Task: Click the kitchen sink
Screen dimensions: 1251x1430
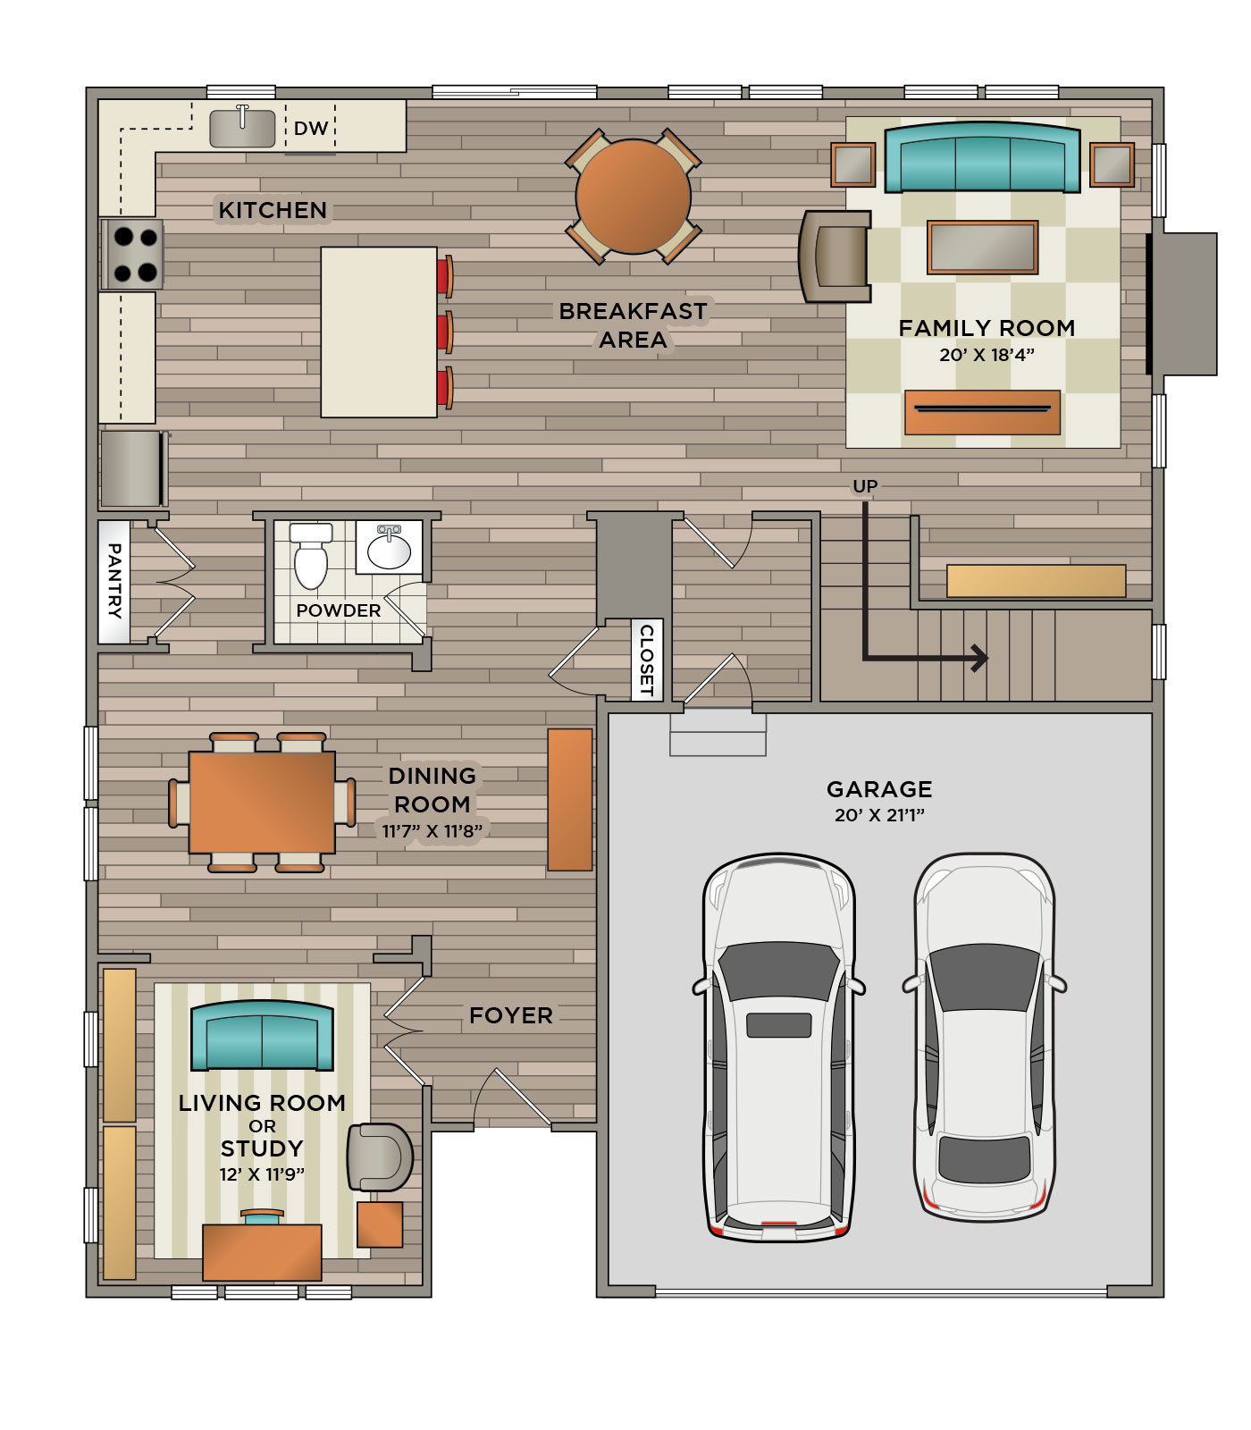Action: [242, 128]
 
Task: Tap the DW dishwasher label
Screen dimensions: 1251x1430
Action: [311, 129]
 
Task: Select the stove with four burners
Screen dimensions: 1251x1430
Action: [132, 254]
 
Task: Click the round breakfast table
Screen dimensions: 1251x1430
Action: [633, 197]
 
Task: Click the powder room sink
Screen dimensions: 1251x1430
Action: [389, 547]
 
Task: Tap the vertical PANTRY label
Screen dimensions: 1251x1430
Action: [114, 581]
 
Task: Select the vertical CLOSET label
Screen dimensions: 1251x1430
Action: [647, 660]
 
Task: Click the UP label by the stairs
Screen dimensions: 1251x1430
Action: [865, 486]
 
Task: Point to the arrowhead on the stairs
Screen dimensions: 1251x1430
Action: [980, 659]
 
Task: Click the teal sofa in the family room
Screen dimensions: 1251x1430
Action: [982, 157]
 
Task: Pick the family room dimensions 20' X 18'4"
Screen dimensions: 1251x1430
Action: [987, 355]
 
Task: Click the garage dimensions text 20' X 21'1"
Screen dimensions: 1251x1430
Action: [879, 815]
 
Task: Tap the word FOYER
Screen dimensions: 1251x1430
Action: [511, 1015]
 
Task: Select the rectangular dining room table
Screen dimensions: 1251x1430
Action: [262, 803]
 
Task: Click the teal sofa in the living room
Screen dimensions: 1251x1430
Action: [262, 1035]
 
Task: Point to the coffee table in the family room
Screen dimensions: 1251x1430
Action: [983, 246]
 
